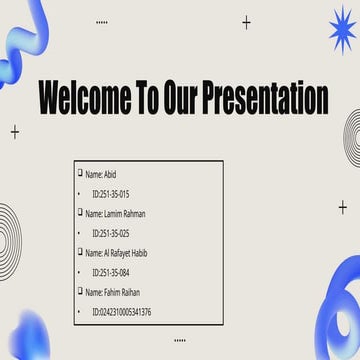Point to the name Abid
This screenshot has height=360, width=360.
pyautogui.click(x=109, y=174)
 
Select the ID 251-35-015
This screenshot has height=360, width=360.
pyautogui.click(x=110, y=194)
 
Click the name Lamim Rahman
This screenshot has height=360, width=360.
pyautogui.click(x=122, y=214)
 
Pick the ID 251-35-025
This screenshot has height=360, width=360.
pyautogui.click(x=110, y=233)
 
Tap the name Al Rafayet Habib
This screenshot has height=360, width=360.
pyautogui.click(x=124, y=253)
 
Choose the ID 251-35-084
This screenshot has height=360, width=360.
pyautogui.click(x=110, y=272)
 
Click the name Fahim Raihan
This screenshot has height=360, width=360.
pyautogui.click(x=119, y=292)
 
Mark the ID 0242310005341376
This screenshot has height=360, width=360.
pyautogui.click(x=121, y=312)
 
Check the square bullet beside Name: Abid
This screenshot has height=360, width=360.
pyautogui.click(x=80, y=173)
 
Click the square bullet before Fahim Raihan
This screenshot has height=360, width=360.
pyautogui.click(x=80, y=291)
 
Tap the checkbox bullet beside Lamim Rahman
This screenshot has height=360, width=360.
pyautogui.click(x=80, y=213)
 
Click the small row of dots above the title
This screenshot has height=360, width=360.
pyautogui.click(x=101, y=21)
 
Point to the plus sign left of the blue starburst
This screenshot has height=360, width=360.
pyautogui.click(x=247, y=22)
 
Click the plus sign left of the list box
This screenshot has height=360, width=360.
pyautogui.click(x=15, y=132)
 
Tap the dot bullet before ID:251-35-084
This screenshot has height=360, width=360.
pyautogui.click(x=80, y=272)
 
